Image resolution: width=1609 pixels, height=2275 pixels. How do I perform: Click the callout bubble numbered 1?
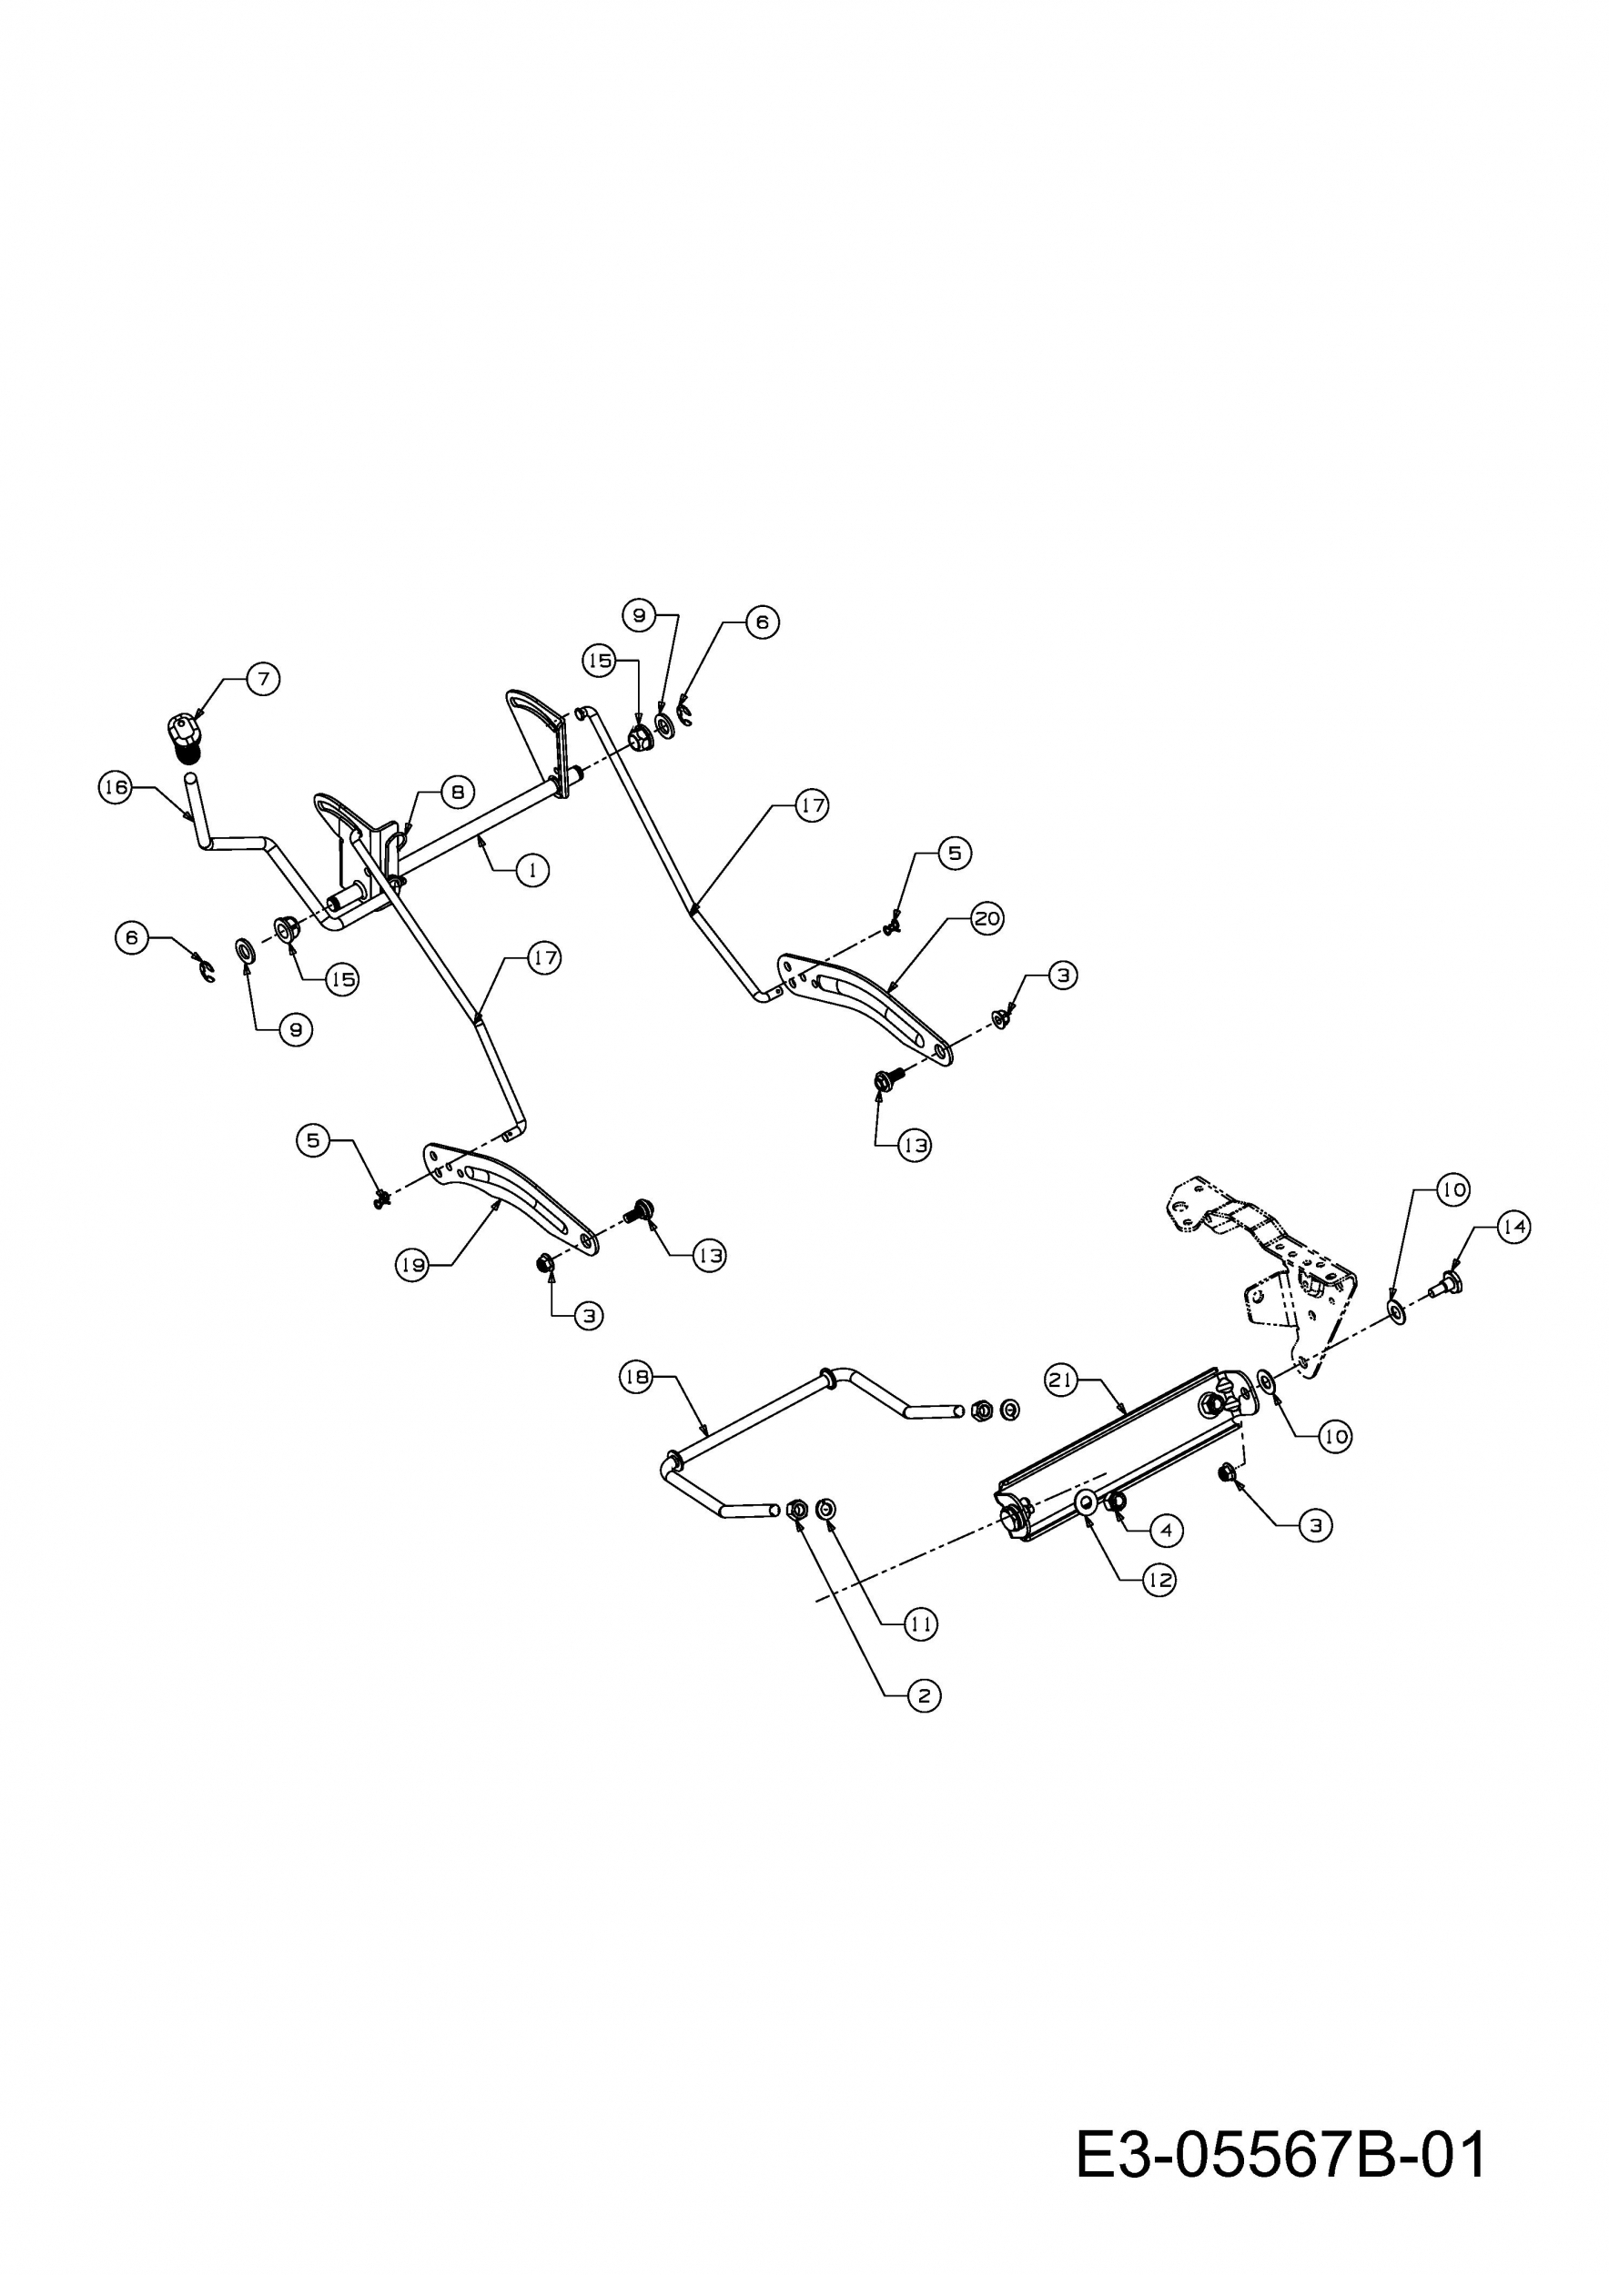(x=533, y=870)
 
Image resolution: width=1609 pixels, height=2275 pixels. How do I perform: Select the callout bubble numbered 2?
(x=925, y=1695)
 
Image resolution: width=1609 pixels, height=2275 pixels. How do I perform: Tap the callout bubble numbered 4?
(x=1166, y=1531)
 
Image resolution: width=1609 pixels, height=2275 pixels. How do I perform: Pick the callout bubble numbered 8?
(x=458, y=792)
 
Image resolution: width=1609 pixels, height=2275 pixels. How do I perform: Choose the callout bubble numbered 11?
(x=921, y=1624)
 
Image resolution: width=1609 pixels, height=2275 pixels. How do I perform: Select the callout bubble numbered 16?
(x=116, y=788)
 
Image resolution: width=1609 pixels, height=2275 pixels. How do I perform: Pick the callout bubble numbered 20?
(x=987, y=918)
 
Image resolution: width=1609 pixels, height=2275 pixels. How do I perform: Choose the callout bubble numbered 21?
(x=1062, y=1380)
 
